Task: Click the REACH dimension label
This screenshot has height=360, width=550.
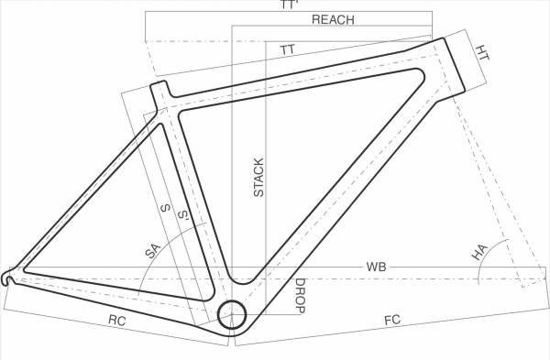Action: click(333, 19)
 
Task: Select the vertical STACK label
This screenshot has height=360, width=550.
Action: click(258, 178)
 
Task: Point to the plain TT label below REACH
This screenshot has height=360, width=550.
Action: click(288, 49)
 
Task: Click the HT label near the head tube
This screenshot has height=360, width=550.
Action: click(483, 54)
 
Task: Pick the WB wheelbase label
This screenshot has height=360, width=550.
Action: click(376, 267)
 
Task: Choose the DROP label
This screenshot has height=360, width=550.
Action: click(300, 296)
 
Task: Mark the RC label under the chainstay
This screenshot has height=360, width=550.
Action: click(116, 321)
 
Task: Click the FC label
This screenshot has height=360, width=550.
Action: click(392, 321)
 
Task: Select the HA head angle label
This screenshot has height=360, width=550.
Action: click(478, 253)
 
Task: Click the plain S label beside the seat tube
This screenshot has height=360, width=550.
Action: click(165, 209)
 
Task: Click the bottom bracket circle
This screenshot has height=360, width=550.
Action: click(231, 313)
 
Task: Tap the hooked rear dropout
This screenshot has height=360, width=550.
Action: click(9, 275)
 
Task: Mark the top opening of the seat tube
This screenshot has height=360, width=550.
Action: click(159, 85)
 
